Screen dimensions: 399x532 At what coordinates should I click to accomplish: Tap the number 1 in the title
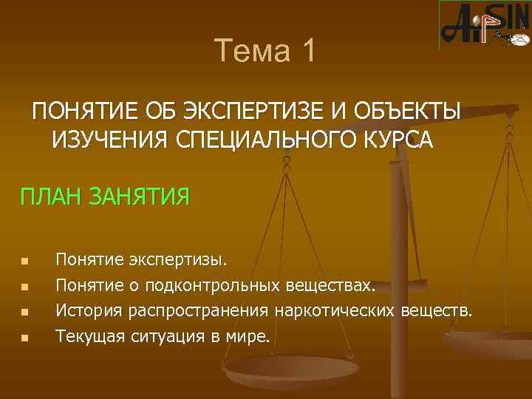[x=308, y=51]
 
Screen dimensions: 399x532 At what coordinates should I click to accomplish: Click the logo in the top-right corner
[x=484, y=24]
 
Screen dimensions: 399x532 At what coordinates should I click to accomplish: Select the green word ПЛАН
[x=52, y=197]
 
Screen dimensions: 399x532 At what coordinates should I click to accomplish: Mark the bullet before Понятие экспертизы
[x=24, y=262]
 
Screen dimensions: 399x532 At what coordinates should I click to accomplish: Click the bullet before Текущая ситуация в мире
[x=24, y=338]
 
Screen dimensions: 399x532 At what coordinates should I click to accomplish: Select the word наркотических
[x=335, y=311]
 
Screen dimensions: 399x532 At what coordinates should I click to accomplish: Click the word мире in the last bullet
[x=250, y=337]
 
